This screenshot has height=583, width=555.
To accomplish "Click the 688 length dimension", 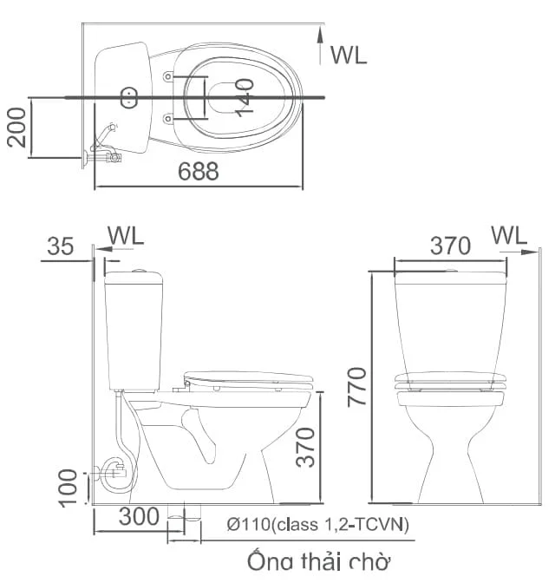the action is [x=198, y=172].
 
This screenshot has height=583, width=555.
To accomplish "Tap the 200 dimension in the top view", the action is [x=17, y=128].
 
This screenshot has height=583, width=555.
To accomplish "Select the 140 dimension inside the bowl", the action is [x=245, y=97].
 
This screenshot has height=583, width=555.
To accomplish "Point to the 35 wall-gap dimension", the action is [x=60, y=246].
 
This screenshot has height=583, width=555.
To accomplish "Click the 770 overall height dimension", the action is [x=357, y=387].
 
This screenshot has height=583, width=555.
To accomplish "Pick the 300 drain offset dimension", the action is [x=139, y=516].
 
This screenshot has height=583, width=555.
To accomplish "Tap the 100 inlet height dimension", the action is [x=69, y=488].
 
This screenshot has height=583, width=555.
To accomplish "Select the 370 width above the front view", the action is [x=450, y=246].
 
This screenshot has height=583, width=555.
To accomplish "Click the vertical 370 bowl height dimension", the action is [x=305, y=448].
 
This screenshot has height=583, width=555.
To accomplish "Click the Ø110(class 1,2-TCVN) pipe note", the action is [x=318, y=525].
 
